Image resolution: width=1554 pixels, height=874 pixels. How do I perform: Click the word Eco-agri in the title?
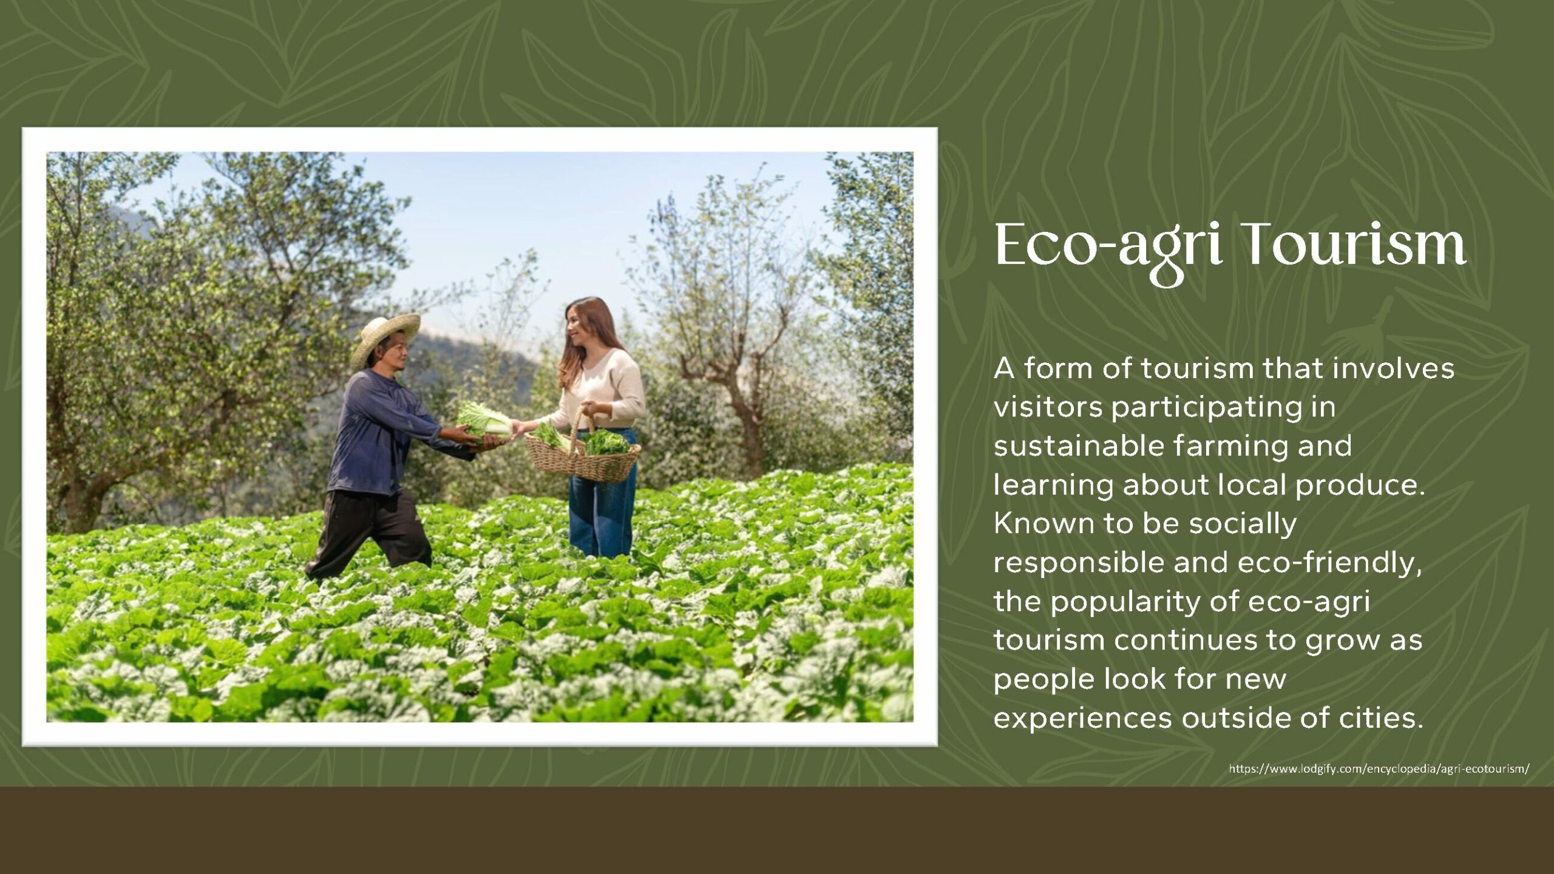1108,250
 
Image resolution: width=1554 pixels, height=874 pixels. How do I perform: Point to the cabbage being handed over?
484,419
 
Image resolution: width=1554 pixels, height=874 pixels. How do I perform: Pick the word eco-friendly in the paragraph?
1329,564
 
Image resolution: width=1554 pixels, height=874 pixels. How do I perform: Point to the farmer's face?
398,358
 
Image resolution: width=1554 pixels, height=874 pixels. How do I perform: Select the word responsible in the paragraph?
1078,564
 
